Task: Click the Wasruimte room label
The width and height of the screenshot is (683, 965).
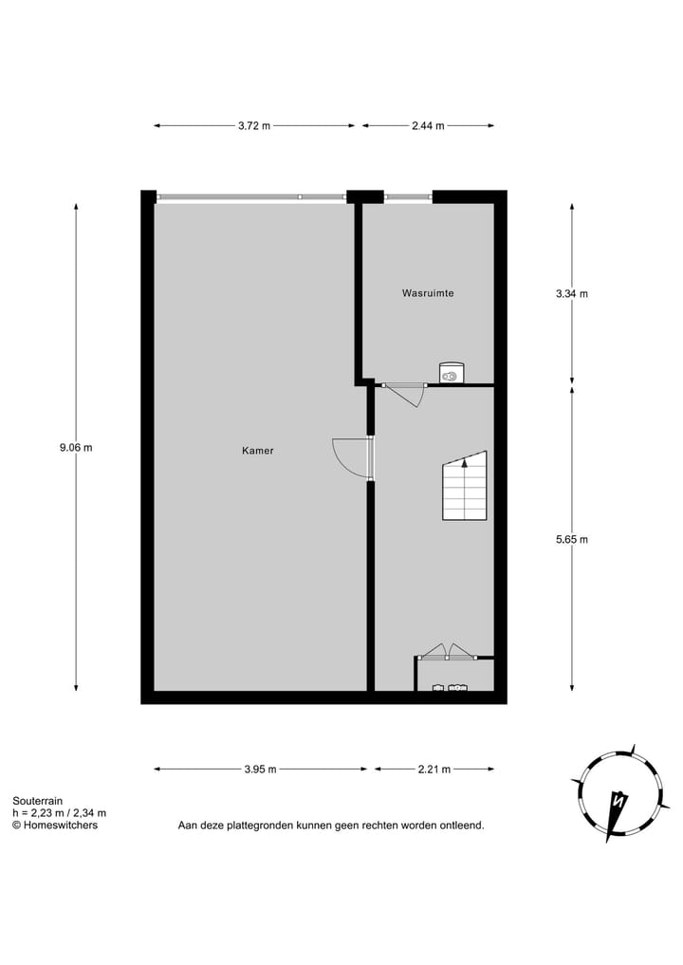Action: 428,293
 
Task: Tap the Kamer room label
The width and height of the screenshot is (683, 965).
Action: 257,451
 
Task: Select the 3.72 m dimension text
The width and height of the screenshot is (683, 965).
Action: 253,125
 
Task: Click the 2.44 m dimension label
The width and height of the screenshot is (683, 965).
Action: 428,125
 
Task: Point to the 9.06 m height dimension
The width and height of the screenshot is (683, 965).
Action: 76,448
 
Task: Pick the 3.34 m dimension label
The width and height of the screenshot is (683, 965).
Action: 572,293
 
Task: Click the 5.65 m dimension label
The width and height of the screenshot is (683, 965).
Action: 572,539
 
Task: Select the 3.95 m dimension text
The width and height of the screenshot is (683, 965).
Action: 259,770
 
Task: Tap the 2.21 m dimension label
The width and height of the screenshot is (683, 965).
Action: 434,770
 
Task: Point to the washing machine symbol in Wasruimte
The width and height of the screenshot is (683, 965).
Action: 451,374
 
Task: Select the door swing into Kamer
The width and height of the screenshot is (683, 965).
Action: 351,457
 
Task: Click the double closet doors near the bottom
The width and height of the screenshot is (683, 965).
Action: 448,652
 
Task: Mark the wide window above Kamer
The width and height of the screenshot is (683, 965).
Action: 251,196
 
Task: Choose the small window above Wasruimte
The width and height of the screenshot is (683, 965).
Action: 408,196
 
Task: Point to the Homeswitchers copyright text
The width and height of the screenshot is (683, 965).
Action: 54,825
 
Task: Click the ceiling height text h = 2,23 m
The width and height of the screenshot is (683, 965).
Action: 59,813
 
